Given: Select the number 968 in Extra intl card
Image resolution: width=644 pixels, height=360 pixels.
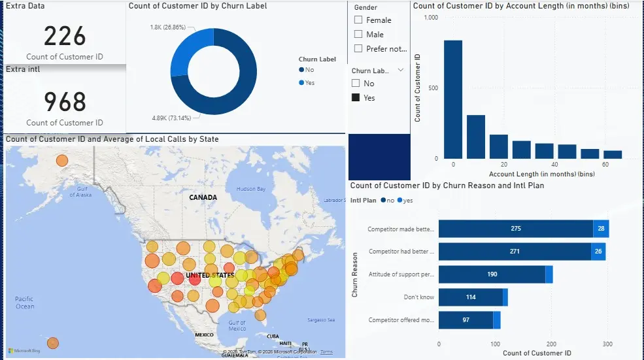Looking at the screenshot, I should [x=65, y=101].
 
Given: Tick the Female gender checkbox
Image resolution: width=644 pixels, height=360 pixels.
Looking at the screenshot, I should [x=358, y=20].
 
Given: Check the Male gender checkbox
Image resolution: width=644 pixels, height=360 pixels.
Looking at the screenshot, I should [x=358, y=35].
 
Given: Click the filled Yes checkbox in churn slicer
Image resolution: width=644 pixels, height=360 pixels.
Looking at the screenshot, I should [x=356, y=97].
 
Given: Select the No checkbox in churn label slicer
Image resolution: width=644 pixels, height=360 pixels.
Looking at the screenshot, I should [x=356, y=84].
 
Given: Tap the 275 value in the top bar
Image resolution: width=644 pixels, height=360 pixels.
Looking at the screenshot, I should [x=516, y=229].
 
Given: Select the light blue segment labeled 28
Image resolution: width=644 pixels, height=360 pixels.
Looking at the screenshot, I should [x=601, y=229].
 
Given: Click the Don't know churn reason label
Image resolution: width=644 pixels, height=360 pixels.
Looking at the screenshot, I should [x=418, y=297].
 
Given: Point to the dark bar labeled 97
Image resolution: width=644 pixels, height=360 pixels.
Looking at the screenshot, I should [x=466, y=320].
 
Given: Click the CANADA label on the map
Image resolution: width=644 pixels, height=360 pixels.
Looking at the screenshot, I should [x=203, y=197].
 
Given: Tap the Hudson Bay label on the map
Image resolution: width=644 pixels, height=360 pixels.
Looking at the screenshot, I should [x=251, y=189].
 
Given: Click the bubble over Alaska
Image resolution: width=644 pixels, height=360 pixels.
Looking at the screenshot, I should [x=61, y=161].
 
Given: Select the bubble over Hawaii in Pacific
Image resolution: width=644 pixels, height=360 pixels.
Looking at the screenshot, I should [x=53, y=343].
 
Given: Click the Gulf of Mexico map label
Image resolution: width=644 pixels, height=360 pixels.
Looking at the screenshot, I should [x=237, y=325].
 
